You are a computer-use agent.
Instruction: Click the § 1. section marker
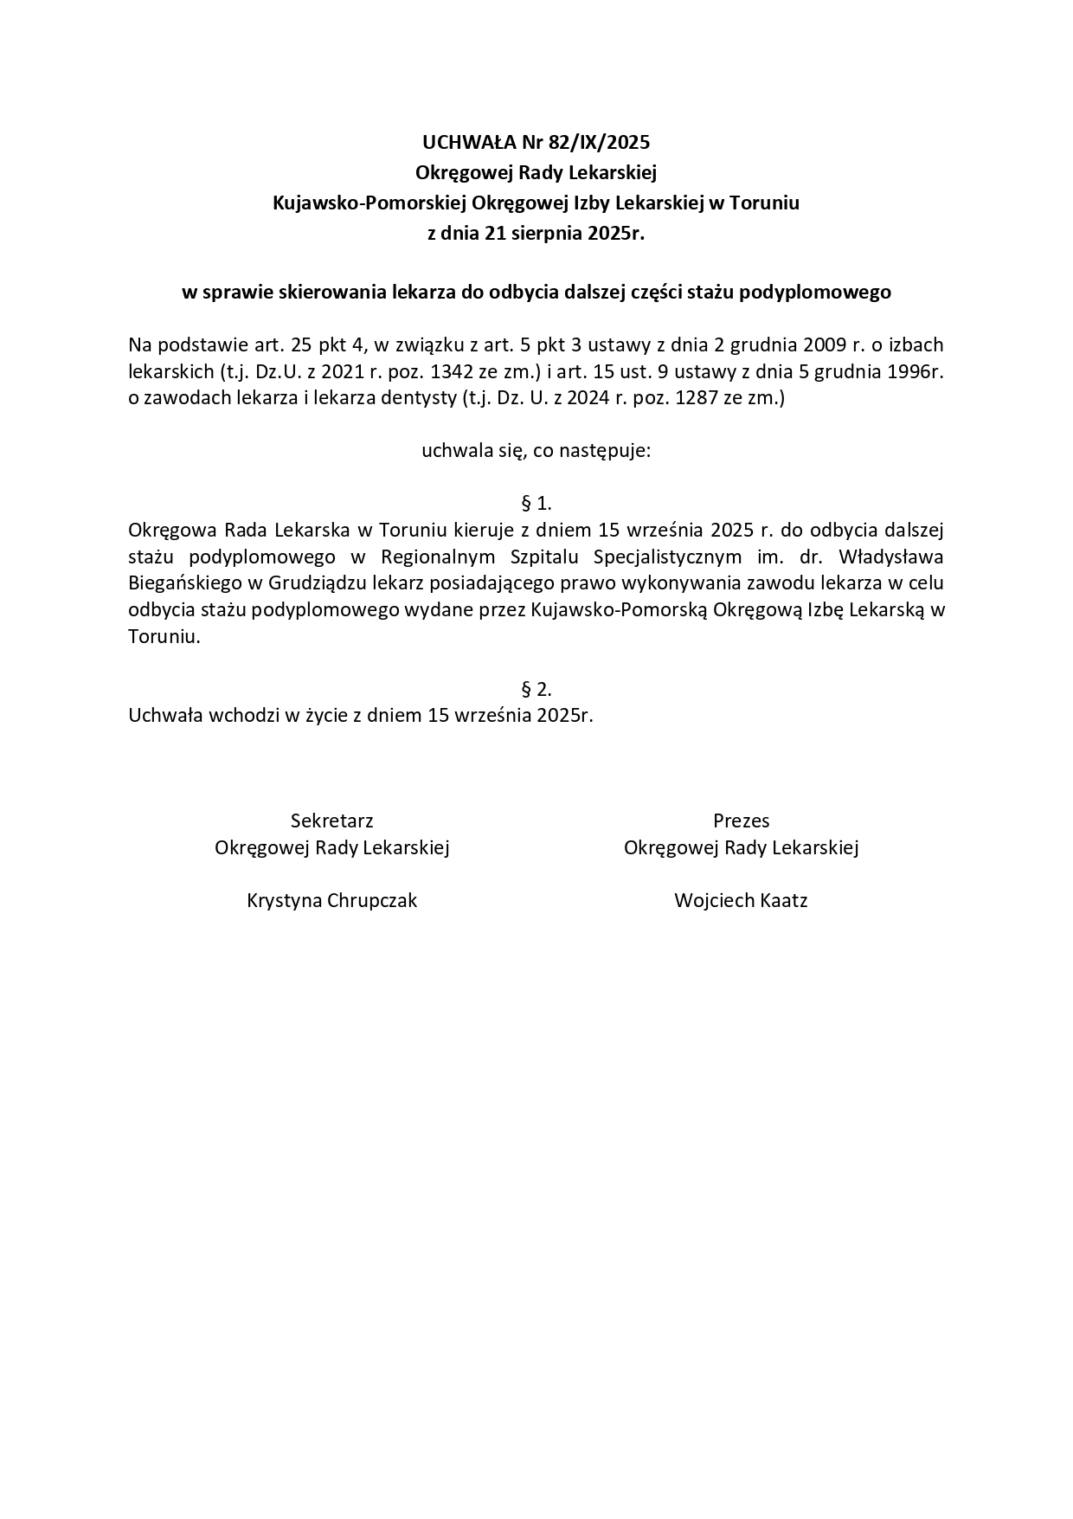coord(536,503)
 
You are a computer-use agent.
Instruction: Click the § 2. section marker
coord(536,689)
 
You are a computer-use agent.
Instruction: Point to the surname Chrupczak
coord(373,900)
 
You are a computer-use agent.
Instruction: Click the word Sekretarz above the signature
coord(331,821)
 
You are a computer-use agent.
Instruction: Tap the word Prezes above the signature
coord(741,821)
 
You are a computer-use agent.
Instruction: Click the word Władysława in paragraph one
coord(891,556)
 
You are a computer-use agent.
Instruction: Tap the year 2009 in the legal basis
coord(830,345)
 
